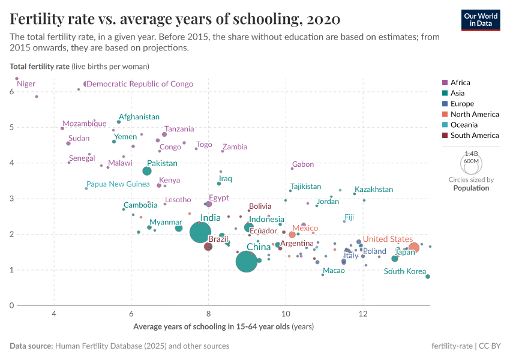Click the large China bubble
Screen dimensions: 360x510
(246, 262)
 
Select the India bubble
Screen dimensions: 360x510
(201, 232)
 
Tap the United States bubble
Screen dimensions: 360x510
(413, 247)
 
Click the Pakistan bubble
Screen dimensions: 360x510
(147, 172)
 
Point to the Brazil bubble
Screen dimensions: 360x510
(208, 247)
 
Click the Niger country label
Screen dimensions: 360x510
(26, 84)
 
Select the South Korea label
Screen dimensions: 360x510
(405, 271)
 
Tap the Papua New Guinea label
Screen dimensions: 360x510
(118, 184)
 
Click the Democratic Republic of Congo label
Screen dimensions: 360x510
(140, 84)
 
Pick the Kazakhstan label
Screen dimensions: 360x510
(374, 190)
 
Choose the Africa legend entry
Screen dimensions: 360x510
(460, 83)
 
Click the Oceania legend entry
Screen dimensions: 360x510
(464, 125)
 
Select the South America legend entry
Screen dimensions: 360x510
(474, 136)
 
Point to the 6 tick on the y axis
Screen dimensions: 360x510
(12, 92)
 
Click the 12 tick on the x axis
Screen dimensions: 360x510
(363, 313)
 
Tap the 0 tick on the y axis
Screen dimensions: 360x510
(12, 305)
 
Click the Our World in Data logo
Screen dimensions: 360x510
(481, 19)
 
